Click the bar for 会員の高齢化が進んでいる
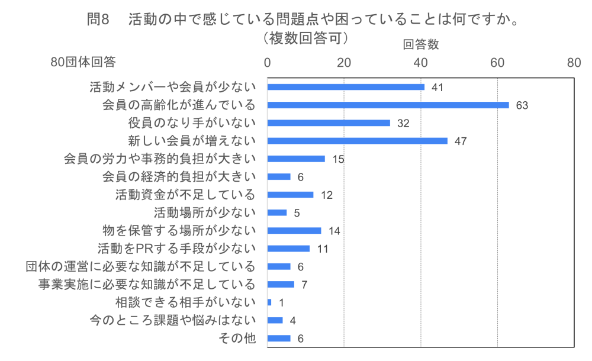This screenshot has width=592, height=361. pyautogui.click(x=388, y=105)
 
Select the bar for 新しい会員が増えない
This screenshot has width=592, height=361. pyautogui.click(x=357, y=141)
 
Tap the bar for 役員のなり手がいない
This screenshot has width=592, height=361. pyautogui.click(x=329, y=123)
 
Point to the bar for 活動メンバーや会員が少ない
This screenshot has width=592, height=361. pyautogui.click(x=346, y=87)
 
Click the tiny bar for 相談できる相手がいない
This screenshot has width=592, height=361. pyautogui.click(x=269, y=302)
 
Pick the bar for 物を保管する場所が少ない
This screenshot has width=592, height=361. pyautogui.click(x=294, y=231)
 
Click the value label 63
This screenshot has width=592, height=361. pyautogui.click(x=522, y=105)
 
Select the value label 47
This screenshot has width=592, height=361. pyautogui.click(x=461, y=141)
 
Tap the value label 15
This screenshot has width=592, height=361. pyautogui.click(x=338, y=159)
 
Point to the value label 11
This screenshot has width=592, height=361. pyautogui.click(x=322, y=249)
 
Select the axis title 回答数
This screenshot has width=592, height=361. pyautogui.click(x=421, y=44)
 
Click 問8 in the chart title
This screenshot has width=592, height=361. pyautogui.click(x=98, y=19)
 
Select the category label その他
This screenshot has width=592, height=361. pyautogui.click(x=237, y=339)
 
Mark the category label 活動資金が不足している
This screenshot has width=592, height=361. pyautogui.click(x=185, y=195)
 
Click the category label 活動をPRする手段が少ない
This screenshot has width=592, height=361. pyautogui.click(x=176, y=249)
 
